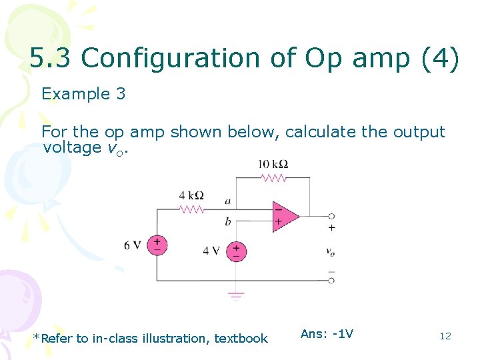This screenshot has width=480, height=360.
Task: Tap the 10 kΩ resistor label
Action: (273, 165)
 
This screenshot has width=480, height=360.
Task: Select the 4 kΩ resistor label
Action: (191, 195)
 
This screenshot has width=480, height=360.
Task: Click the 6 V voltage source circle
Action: (157, 245)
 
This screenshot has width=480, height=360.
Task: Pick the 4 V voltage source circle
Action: (236, 251)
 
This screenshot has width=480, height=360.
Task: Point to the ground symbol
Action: (236, 295)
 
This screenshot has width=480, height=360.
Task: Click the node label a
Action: (228, 200)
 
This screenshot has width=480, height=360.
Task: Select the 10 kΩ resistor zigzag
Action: (273, 178)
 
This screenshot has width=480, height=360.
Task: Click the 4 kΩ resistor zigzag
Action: (191, 209)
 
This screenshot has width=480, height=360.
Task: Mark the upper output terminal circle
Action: (331, 216)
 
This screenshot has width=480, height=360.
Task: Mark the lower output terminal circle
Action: (331, 281)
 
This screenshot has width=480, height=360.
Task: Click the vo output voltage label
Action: (331, 251)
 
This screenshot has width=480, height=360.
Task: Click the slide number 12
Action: (445, 336)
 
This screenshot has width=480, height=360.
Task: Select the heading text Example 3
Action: (83, 94)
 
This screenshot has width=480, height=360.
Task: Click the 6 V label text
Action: (132, 245)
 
